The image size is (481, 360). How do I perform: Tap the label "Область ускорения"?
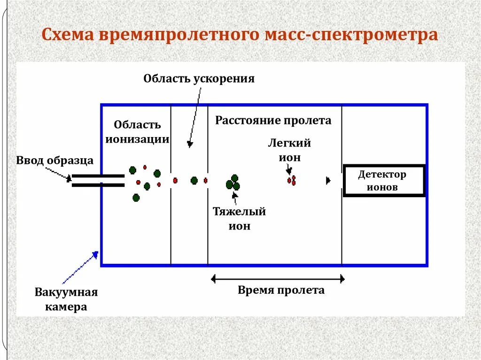pyautogui.click(x=199, y=78)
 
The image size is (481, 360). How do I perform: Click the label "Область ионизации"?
pyautogui.click(x=137, y=131)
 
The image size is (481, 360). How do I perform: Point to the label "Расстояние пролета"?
pyautogui.click(x=273, y=121)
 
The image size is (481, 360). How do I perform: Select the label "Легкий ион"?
pyautogui.click(x=289, y=150)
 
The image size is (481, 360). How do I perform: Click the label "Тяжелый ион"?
pyautogui.click(x=240, y=219)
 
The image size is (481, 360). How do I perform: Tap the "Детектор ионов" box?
pyautogui.click(x=384, y=180)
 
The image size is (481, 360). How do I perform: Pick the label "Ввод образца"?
pyautogui.click(x=55, y=161)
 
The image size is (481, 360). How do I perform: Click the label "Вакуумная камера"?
pyautogui.click(x=66, y=300)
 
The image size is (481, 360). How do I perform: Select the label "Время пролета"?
pyautogui.click(x=281, y=290)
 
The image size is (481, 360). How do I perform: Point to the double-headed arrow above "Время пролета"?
pyautogui.click(x=278, y=279)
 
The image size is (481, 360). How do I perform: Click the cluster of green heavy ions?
pyautogui.click(x=233, y=183)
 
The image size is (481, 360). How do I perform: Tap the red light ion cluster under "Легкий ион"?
pyautogui.click(x=292, y=181)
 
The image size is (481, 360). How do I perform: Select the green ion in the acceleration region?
pyautogui.click(x=194, y=180)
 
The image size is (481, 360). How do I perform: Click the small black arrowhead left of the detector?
pyautogui.click(x=328, y=180)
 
